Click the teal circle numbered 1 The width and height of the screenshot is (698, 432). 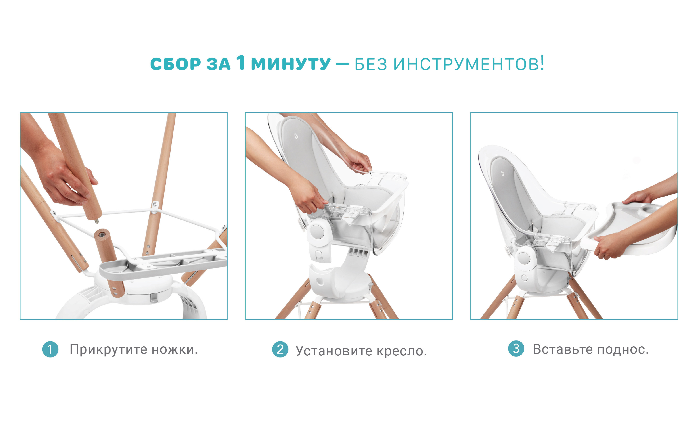pyautogui.click(x=50, y=349)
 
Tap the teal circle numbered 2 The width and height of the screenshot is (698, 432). pyautogui.click(x=280, y=349)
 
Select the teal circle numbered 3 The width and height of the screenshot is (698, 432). pyautogui.click(x=516, y=348)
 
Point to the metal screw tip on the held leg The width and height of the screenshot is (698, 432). pyautogui.click(x=97, y=221)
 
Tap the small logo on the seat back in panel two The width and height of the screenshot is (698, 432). pyautogui.click(x=296, y=136)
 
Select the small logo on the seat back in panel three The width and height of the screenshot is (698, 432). pyautogui.click(x=503, y=173)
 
